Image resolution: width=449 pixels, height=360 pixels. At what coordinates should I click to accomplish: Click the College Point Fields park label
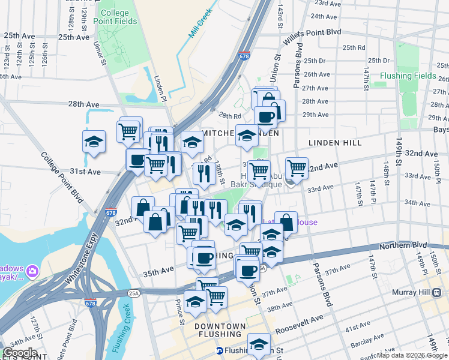[x=119, y=17]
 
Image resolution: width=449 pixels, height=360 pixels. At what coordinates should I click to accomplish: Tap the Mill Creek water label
[x=201, y=23]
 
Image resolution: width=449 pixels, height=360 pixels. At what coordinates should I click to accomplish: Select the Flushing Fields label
[x=408, y=76]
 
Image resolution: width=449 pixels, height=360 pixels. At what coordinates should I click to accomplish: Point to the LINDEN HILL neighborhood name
[x=335, y=143]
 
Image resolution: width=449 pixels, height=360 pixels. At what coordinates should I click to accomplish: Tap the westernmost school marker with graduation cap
[x=93, y=142]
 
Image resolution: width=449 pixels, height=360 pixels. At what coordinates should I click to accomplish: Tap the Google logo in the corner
[x=20, y=353]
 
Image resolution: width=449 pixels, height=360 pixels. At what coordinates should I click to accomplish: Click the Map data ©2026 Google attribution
[x=411, y=355]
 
